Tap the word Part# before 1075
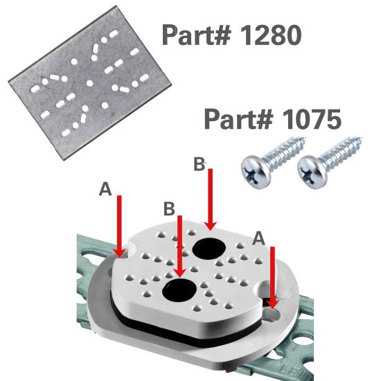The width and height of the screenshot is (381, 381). [x=236, y=119]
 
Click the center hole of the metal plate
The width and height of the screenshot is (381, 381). [x=90, y=82]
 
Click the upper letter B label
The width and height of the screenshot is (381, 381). [x=199, y=165]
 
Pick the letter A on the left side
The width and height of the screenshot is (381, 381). [x=105, y=189]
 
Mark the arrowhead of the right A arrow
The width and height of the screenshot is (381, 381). [x=273, y=303]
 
